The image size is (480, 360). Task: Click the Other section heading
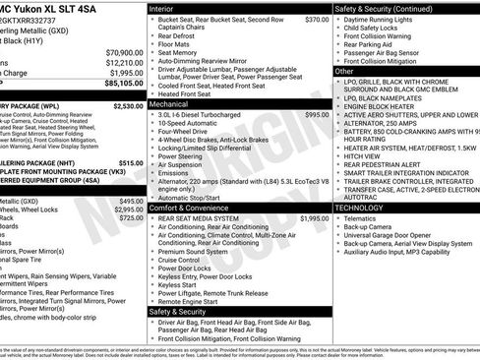[344, 72]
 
